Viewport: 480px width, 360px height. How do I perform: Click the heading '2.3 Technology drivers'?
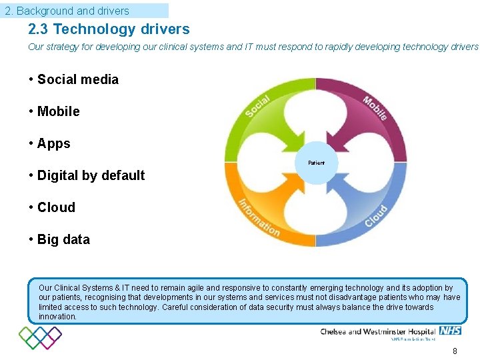click(109, 29)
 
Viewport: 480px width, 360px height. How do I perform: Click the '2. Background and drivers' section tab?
click(67, 11)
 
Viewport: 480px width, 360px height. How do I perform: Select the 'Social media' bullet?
click(77, 79)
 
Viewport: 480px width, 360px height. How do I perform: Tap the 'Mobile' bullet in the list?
click(58, 111)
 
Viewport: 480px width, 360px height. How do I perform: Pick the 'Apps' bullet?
click(53, 143)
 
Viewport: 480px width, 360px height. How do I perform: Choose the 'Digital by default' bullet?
click(91, 175)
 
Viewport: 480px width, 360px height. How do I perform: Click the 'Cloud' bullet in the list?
click(56, 207)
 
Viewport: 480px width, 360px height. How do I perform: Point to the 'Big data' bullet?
click(63, 239)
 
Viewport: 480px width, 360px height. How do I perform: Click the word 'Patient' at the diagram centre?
click(316, 163)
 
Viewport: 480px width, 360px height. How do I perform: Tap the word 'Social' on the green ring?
click(257, 106)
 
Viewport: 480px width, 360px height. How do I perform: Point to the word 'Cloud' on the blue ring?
click(376, 217)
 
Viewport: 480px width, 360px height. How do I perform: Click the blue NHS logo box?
click(450, 331)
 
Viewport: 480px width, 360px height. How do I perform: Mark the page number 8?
click(455, 351)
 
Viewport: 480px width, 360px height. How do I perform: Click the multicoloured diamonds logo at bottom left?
click(40, 337)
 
